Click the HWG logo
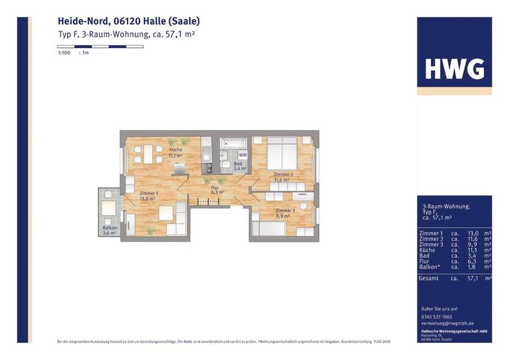pyautogui.click(x=454, y=70)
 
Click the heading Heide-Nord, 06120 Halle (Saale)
pyautogui.click(x=129, y=21)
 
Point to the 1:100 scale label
pyautogui.click(x=64, y=53)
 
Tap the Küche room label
pyautogui.click(x=176, y=150)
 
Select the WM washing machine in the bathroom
pyautogui.click(x=242, y=156)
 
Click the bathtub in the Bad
pyautogui.click(x=234, y=144)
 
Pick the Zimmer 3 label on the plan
pyautogui.click(x=284, y=211)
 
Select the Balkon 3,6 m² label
pyautogui.click(x=110, y=230)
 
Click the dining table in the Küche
pyautogui.click(x=146, y=154)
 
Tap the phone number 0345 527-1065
pyautogui.click(x=437, y=317)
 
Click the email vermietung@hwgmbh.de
pyautogui.click(x=447, y=323)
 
